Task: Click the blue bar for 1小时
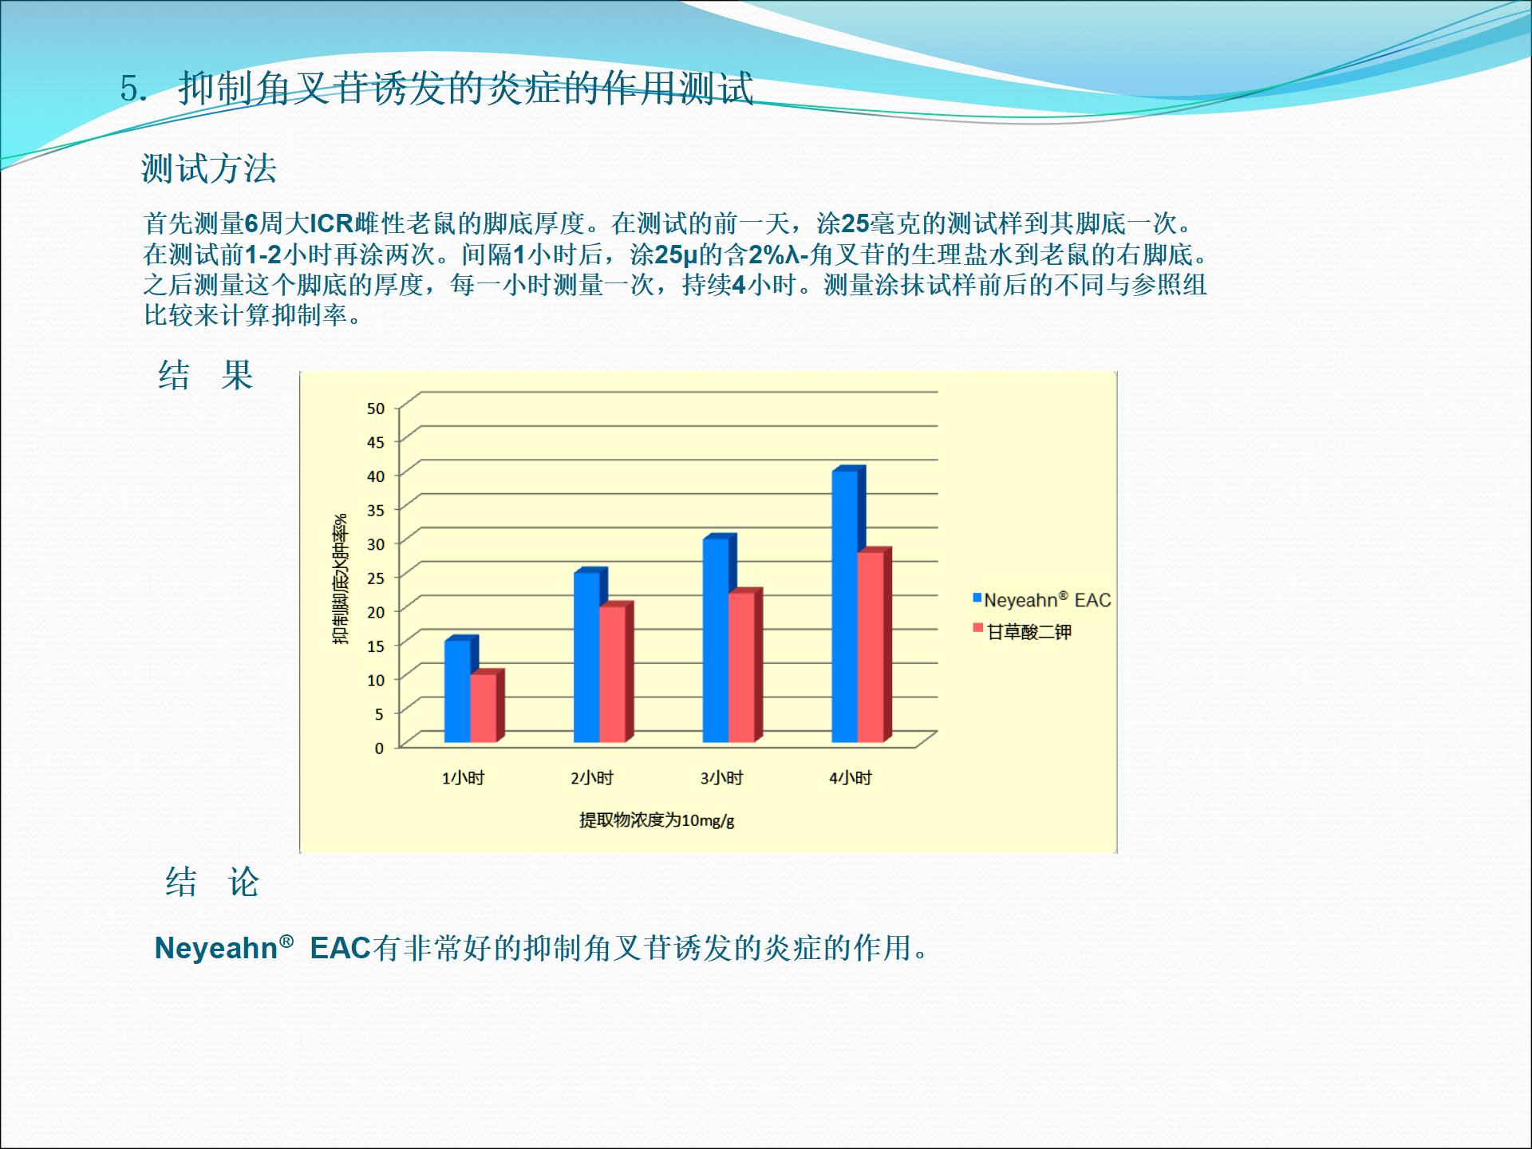(458, 691)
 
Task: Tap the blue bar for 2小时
(587, 657)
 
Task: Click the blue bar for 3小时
(717, 640)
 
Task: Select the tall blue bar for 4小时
(846, 606)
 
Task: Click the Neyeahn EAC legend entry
(1041, 600)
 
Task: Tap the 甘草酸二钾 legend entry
(1022, 632)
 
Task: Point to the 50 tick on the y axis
(376, 408)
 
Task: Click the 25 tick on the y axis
(376, 578)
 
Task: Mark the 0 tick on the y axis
(379, 748)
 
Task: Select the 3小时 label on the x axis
(721, 778)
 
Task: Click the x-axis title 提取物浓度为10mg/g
(657, 820)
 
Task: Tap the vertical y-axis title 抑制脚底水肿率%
(341, 578)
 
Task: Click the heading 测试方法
(209, 168)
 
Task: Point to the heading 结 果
(205, 375)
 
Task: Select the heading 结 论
(212, 882)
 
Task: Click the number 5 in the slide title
(128, 89)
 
